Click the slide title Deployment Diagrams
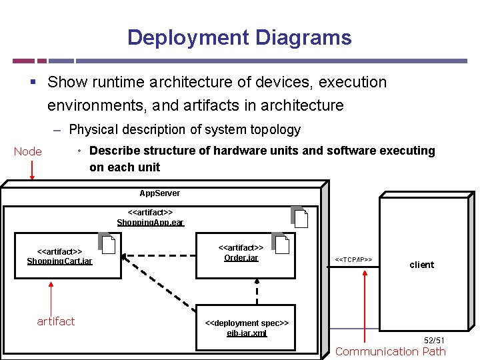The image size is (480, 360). [239, 37]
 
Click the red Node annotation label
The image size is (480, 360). [27, 151]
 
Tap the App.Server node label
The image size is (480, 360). [159, 193]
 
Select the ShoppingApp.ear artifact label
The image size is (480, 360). [150, 217]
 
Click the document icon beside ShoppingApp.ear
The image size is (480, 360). [300, 218]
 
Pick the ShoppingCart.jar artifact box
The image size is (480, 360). [59, 255]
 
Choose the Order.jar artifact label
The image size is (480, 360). [241, 253]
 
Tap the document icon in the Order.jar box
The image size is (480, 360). [281, 244]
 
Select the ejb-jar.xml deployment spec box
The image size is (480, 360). [247, 328]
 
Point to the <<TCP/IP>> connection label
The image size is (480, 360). [353, 259]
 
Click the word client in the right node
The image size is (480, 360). [421, 265]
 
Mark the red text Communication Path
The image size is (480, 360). [390, 351]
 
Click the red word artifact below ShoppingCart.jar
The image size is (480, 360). [56, 321]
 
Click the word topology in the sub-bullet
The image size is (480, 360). [273, 129]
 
